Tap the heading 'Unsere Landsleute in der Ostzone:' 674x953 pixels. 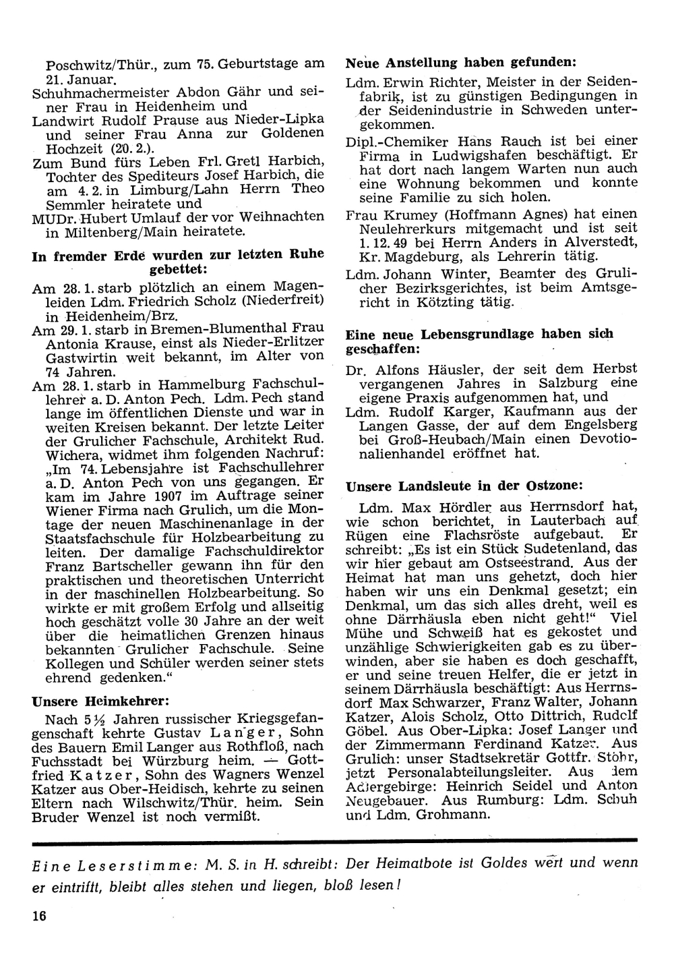464,485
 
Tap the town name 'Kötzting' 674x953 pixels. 479,303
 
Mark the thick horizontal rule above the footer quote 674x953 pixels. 334,840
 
